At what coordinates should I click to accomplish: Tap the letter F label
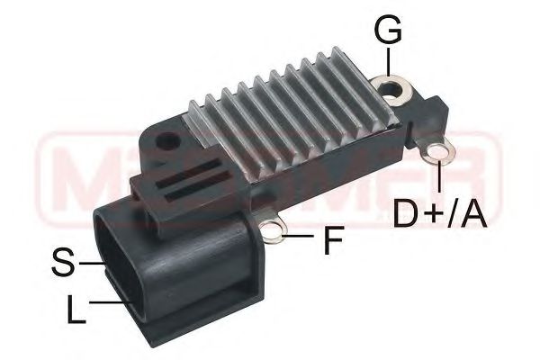point(334,240)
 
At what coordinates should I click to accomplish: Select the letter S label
point(62,262)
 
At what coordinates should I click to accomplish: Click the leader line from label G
point(387,61)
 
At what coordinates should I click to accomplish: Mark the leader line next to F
point(303,238)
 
